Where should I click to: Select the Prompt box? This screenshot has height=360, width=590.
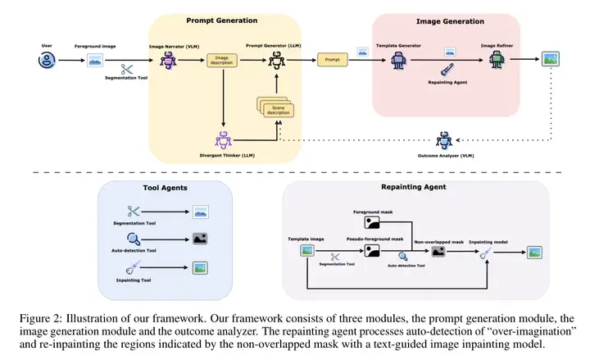[x=332, y=59]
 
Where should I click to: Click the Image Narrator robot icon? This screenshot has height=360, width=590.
[x=169, y=59]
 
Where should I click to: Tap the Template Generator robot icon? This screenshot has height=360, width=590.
[x=399, y=59]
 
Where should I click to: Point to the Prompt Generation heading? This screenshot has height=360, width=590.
[x=221, y=20]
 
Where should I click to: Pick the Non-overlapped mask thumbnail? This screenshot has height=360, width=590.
[x=438, y=253]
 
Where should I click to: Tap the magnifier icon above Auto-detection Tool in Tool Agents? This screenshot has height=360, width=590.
[x=134, y=239]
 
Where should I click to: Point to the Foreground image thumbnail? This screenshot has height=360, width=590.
[x=95, y=59]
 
